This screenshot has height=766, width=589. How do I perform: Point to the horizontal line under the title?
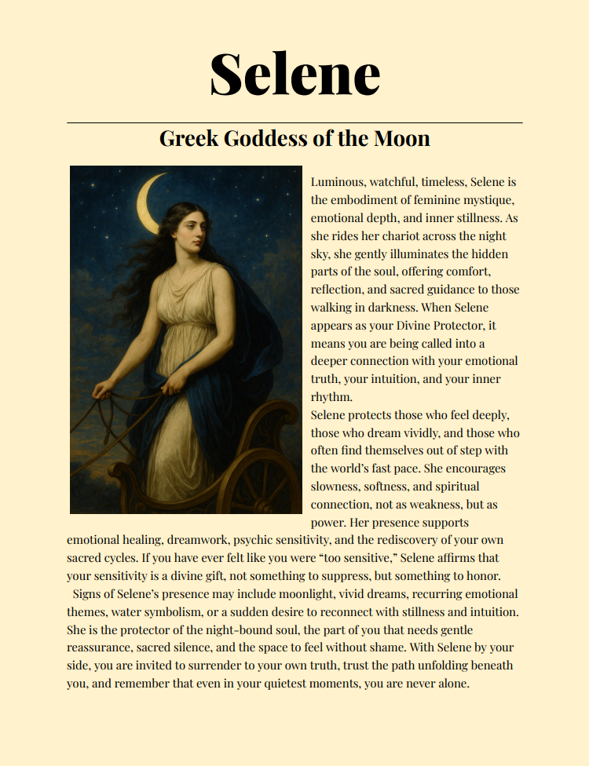294,123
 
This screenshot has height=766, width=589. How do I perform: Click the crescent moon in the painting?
148,202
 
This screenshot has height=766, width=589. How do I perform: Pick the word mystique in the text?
490,200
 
